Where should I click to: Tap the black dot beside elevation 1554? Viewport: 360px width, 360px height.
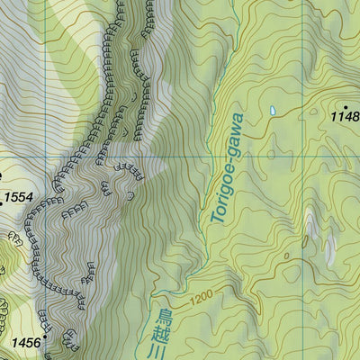click(1, 175)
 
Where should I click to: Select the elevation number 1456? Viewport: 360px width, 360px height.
click(26, 342)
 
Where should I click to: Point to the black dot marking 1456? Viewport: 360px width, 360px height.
click(45, 337)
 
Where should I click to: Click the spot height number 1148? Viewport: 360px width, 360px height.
click(344, 116)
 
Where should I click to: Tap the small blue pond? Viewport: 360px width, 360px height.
click(272, 111)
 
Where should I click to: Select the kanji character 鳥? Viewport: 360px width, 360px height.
click(164, 317)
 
